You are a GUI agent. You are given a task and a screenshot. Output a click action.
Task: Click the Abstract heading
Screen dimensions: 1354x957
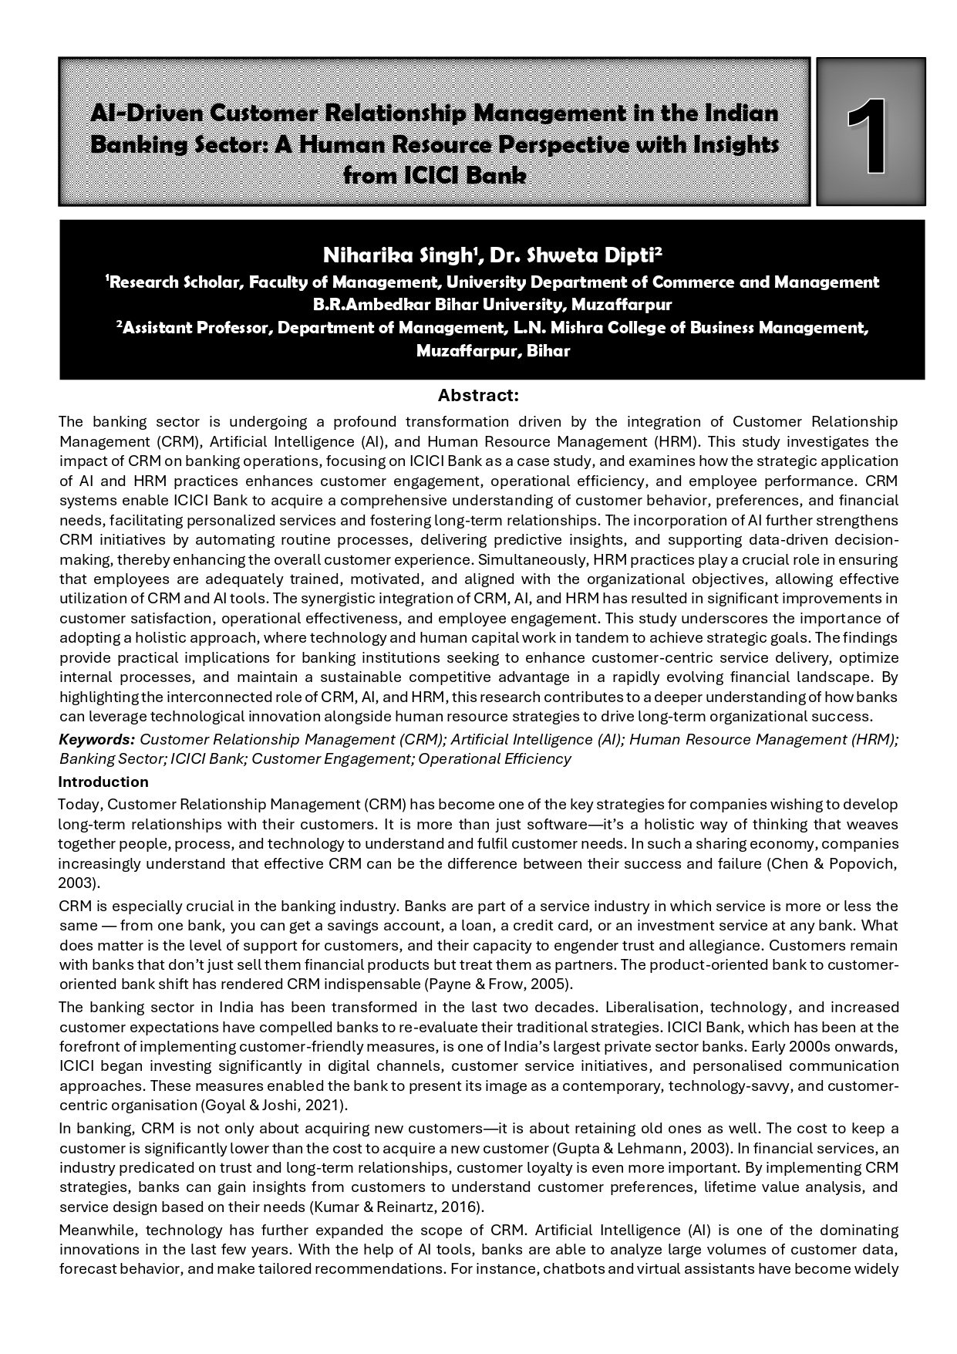coord(478,396)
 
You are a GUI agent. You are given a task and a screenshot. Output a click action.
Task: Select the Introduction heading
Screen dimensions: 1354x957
coord(103,782)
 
